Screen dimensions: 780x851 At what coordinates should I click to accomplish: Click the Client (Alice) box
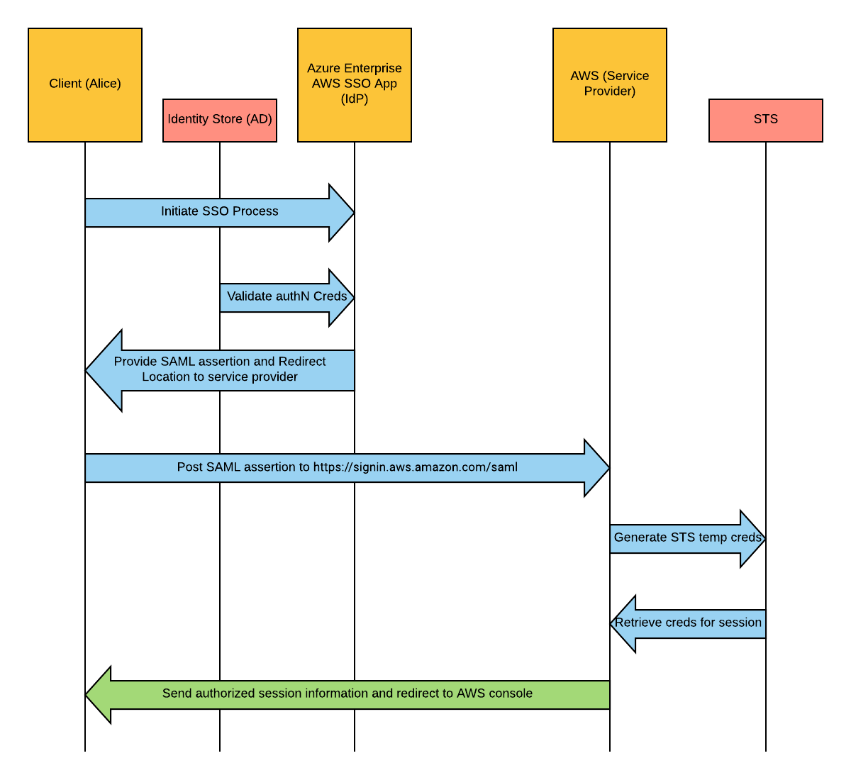[x=85, y=85]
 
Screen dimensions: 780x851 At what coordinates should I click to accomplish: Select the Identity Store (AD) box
[x=220, y=120]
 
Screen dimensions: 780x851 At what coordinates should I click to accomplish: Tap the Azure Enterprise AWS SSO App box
[x=355, y=85]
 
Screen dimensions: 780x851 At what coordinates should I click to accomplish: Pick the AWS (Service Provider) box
[x=610, y=85]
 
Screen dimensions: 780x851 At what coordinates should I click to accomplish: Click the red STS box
[x=766, y=120]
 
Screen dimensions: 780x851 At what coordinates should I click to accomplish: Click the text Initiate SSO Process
[x=219, y=211]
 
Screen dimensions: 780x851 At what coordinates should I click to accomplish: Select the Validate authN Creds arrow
[x=287, y=297]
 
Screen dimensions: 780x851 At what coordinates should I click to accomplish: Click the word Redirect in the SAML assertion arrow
[x=302, y=362]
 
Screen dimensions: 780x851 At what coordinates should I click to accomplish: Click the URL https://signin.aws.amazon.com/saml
[x=416, y=467]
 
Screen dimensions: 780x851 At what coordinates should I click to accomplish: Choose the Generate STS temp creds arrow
[x=687, y=538]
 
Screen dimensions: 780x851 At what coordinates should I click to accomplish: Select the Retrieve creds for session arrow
[x=688, y=623]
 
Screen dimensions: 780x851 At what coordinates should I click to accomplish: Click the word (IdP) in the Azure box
[x=355, y=99]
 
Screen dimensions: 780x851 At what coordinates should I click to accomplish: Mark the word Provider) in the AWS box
[x=610, y=91]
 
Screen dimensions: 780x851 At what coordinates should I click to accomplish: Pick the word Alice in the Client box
[x=103, y=84]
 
